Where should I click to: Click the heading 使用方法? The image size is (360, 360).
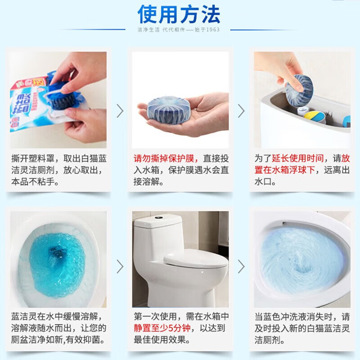point(179,14)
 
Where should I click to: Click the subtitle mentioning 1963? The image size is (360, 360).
point(180,30)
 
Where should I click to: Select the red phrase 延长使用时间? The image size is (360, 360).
point(304,158)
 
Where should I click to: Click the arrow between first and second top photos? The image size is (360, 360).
point(120,111)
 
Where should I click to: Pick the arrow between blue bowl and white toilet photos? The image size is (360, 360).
point(120,266)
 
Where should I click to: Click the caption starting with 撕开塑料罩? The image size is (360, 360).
point(58,171)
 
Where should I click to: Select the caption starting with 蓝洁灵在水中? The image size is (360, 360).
point(58,328)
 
